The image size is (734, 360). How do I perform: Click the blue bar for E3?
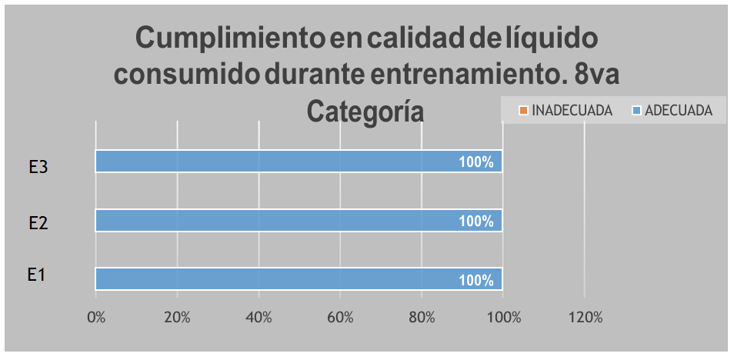tap(299, 162)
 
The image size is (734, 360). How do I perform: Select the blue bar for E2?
tap(299, 221)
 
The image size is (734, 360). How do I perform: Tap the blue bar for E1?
tap(299, 279)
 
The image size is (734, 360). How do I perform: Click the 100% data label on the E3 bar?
tap(475, 162)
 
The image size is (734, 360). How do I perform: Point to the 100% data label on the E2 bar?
tap(475, 222)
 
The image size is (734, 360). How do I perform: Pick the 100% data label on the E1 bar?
tap(475, 280)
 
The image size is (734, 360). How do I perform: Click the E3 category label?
tap(39, 168)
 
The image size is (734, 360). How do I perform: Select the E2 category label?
tap(39, 224)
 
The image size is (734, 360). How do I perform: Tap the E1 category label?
tap(37, 275)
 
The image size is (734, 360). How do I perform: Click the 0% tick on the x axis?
tap(96, 317)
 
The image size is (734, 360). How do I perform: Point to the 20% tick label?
tap(177, 317)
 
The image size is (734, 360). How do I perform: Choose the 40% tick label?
tap(259, 317)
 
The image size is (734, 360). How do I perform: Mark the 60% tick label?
tap(340, 317)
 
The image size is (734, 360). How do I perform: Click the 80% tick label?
tap(422, 317)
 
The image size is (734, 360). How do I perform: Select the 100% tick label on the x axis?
tap(502, 317)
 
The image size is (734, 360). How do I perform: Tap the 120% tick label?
tap(584, 317)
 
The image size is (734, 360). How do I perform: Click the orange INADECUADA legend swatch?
tap(523, 111)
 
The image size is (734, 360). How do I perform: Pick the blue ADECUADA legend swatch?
tap(636, 111)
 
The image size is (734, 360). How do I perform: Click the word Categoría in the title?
tap(366, 111)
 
